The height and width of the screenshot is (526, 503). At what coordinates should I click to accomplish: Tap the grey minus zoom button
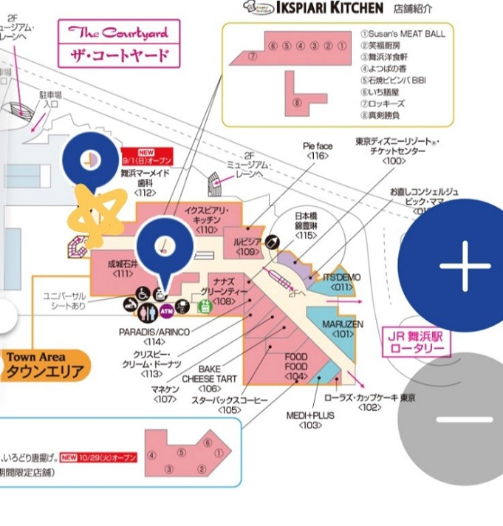coord(464,419)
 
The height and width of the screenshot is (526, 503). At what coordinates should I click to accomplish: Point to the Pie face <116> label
coord(318,151)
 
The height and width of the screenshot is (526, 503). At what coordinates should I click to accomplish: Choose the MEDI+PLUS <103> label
coord(310,420)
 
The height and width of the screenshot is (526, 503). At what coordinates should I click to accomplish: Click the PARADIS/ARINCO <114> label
coord(154,336)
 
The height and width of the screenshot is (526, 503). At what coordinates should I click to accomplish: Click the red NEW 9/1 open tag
coord(146,156)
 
